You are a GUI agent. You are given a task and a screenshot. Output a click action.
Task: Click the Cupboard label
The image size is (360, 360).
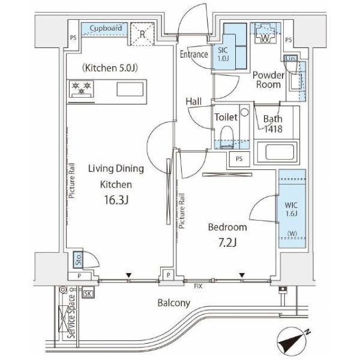point(106,28)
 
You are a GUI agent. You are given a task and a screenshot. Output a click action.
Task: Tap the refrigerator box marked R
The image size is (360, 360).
point(142,34)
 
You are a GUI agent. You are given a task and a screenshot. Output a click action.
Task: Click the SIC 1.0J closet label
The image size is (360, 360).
point(222,53)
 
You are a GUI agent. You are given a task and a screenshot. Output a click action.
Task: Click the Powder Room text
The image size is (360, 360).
point(267,80)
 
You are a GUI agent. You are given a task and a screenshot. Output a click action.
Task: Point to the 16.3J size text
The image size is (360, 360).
point(115,200)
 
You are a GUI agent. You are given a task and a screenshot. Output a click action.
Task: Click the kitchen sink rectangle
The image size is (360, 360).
point(130,91)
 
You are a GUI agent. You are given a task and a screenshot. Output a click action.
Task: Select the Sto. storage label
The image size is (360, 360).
point(78,259)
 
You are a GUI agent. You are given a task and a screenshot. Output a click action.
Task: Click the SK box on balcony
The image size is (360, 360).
point(88,293)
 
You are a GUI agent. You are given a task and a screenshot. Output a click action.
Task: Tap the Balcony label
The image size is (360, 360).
point(174,303)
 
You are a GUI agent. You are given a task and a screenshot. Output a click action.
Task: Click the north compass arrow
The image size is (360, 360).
point(294,343)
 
